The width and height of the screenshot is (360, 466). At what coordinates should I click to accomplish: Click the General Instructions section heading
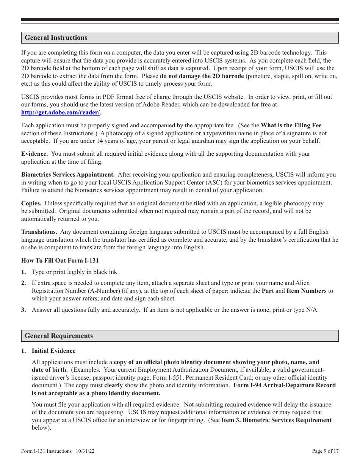tap(56, 38)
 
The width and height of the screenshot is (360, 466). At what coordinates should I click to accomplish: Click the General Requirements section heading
tap(58, 336)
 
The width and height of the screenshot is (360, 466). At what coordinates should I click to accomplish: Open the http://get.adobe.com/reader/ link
tap(61, 112)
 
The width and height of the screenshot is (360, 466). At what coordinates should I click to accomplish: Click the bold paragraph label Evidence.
tap(34, 154)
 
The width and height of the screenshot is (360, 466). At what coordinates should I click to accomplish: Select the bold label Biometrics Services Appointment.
tap(68, 175)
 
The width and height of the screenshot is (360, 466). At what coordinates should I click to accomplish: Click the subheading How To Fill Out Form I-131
tap(60, 260)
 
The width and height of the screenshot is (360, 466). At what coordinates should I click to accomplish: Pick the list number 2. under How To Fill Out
tap(23, 283)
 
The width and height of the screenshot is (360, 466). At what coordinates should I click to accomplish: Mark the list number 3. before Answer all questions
tap(23, 310)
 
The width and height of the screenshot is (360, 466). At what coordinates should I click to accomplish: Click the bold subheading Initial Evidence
tap(53, 351)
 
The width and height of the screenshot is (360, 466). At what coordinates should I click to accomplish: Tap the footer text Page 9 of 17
tap(325, 451)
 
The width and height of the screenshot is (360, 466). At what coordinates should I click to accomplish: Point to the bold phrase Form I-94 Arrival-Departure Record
tap(284, 385)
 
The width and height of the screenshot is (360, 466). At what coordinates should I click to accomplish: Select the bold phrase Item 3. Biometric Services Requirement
tap(276, 420)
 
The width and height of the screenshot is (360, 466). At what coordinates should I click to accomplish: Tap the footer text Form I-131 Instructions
tap(46, 451)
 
